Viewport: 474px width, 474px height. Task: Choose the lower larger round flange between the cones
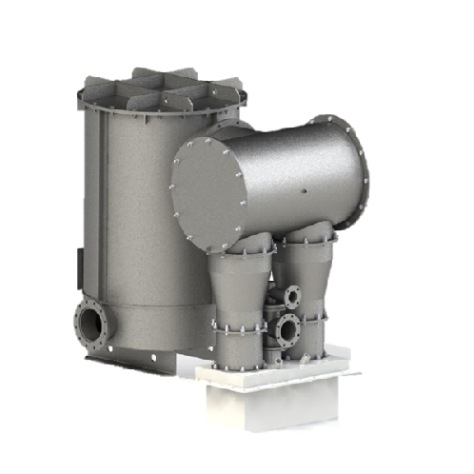[x=286, y=329]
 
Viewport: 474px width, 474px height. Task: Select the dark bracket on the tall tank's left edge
[x=75, y=262]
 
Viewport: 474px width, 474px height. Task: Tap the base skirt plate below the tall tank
[x=133, y=359]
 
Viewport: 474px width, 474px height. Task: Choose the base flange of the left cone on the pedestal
[x=238, y=365]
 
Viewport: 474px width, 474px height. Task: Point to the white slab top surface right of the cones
[x=338, y=370]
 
